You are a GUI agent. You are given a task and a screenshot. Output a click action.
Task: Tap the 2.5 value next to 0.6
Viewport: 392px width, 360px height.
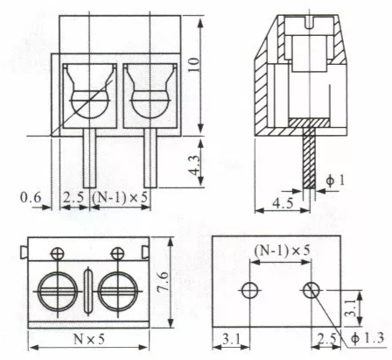pos(73,197)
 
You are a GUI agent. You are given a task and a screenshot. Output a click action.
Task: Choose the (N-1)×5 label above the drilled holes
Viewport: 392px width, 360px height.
pos(279,251)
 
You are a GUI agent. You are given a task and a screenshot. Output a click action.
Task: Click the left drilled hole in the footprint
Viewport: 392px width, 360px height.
pos(250,289)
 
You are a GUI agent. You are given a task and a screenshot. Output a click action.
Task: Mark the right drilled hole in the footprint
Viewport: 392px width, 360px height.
pos(311,289)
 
